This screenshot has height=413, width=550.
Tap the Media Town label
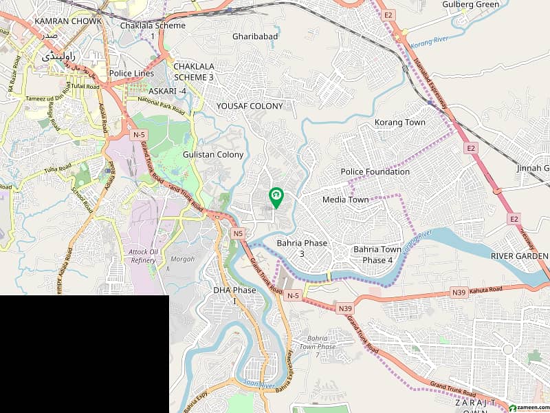345,200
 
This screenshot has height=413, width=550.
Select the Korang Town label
399,123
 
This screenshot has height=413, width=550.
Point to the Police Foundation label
375,171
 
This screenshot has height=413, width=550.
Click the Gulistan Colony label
213,155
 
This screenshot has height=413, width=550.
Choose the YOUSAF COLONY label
250,106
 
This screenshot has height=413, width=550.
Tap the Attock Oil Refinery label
142,256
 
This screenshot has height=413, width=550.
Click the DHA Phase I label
234,295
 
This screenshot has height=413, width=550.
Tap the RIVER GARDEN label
520,255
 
